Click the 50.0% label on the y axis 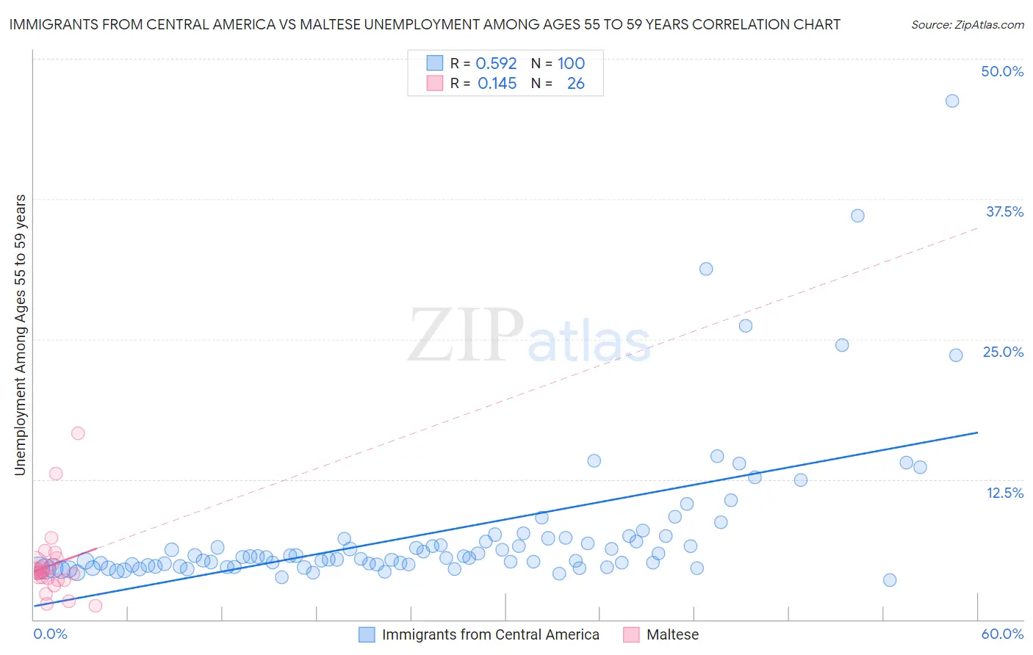pos(1002,71)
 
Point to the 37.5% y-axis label pos(1004,211)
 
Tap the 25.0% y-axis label pos(1003,352)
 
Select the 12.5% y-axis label pos(1004,493)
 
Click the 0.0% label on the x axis pos(50,634)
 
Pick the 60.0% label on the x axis pos(1002,634)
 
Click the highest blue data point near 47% pos(952,101)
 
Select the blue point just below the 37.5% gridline pos(857,216)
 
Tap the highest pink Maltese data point pos(78,433)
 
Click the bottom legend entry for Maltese pos(672,634)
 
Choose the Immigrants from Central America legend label pos(490,634)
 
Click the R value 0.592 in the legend pos(496,63)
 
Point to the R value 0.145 pos(497,84)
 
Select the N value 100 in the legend pos(571,63)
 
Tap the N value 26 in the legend pos(575,84)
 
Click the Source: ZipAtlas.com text pos(967,24)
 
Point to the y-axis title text pos(20,335)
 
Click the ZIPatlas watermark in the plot pos(529,337)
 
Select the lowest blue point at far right pos(890,580)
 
